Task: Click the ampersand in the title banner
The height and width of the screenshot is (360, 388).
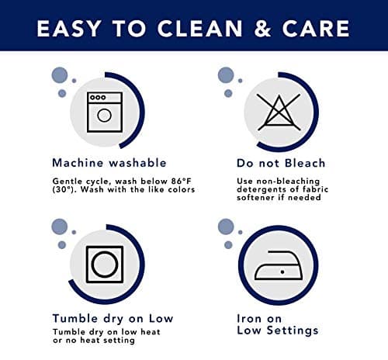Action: point(262,28)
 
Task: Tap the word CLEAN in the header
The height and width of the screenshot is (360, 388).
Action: point(199,28)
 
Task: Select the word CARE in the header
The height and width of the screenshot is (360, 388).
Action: point(316,28)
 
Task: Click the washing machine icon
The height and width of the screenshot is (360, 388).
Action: point(105,112)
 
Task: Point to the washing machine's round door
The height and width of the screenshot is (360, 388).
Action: point(104,116)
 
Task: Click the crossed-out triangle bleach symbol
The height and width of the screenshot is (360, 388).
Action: point(279,112)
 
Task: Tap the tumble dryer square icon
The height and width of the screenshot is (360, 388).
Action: point(105,265)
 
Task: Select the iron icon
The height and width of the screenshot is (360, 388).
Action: point(279,265)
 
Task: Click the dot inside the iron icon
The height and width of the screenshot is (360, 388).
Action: point(282,272)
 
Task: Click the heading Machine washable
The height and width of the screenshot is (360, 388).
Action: point(109,163)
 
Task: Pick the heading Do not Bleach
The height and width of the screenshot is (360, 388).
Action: point(281,163)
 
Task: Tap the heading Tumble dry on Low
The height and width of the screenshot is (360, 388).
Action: point(113,319)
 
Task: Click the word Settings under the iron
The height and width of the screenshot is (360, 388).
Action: point(293,331)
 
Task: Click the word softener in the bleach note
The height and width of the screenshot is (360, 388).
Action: point(255,198)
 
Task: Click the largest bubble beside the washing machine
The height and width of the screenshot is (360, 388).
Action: point(60,75)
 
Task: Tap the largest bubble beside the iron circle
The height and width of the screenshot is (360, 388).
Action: point(226,227)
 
